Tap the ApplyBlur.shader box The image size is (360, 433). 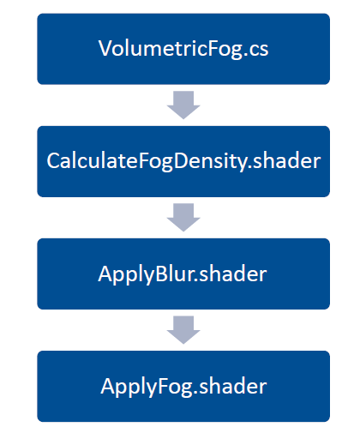tap(183, 274)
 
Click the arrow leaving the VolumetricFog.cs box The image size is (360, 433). tap(183, 105)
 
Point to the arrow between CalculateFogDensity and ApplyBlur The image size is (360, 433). tap(183, 217)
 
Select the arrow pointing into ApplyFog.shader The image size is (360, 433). tap(183, 329)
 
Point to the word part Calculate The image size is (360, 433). tap(83, 161)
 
